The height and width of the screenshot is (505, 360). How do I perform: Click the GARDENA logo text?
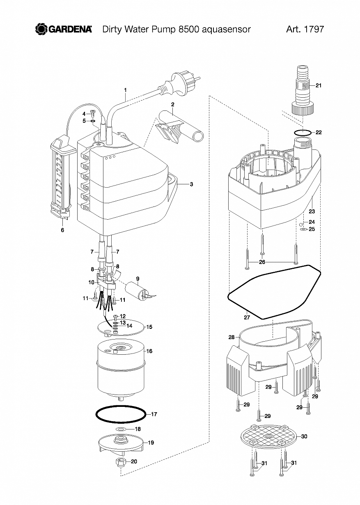click(70, 30)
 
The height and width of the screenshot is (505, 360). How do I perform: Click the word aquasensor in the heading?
click(226, 30)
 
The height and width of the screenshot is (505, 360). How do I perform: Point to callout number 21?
click(319, 85)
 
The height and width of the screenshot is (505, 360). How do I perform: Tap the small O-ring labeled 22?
click(303, 133)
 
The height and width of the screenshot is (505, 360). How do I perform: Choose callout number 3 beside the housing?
click(191, 184)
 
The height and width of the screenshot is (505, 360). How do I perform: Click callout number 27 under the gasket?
click(247, 317)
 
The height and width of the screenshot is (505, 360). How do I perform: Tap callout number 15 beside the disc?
click(149, 327)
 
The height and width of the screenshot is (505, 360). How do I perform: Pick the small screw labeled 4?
click(92, 113)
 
